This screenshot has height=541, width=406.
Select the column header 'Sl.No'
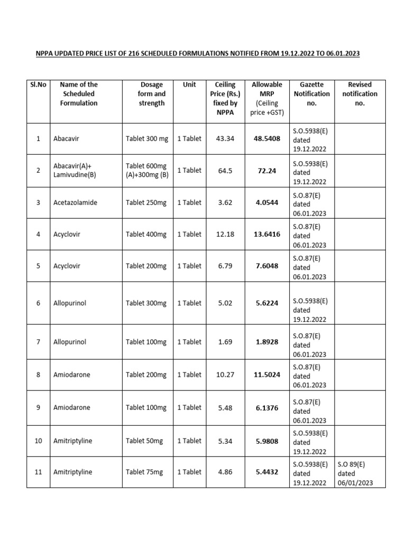pos(38,85)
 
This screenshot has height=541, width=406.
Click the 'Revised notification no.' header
pos(359,94)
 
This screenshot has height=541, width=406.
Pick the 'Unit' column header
pos(189,85)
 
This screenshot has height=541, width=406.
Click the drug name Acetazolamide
pos(75,202)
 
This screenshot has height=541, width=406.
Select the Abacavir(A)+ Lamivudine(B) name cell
pos(75,170)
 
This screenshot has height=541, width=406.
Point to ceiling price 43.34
pos(225,138)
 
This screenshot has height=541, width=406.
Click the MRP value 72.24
pos(267,171)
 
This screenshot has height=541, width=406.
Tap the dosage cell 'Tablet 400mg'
pos(146,234)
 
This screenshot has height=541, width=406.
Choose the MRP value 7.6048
pos(267,266)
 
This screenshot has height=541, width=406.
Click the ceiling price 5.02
pos(225,303)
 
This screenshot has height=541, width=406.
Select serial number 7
pos(38,342)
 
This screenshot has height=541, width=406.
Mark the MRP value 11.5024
pos(267,375)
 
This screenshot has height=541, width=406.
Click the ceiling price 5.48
pos(225,407)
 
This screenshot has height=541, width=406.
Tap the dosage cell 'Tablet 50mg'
pos(144,441)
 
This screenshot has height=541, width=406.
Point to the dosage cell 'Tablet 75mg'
pos(144,472)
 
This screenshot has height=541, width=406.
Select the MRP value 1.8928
pos(267,342)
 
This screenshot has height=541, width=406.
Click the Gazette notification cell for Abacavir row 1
pos(311,138)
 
